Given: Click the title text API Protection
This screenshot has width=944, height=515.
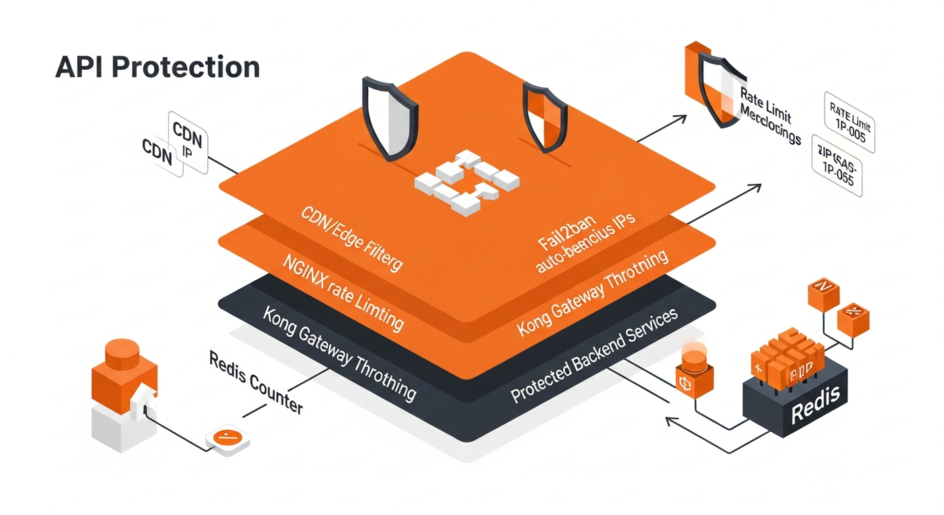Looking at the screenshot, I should click(x=157, y=68).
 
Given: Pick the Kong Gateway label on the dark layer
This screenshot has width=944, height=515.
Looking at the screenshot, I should click(x=339, y=353).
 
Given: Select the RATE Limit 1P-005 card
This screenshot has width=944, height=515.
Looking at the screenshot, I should click(x=848, y=123).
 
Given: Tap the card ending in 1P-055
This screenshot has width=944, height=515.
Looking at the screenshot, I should click(x=836, y=166).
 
